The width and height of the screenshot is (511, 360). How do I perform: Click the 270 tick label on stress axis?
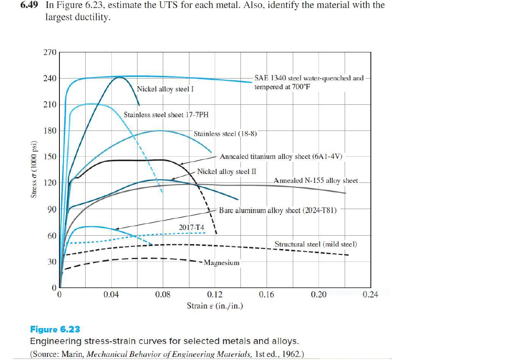50,52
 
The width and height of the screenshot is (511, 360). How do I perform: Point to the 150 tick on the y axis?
50,157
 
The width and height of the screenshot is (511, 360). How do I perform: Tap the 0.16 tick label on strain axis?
267,294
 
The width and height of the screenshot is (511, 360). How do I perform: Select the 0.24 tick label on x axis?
370,294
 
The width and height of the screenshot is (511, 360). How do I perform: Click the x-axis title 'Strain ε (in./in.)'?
215,306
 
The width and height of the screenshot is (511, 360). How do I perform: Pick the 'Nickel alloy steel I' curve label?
166,89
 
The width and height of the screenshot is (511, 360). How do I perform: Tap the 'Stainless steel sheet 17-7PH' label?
166,115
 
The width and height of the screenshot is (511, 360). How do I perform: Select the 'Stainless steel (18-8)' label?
225,134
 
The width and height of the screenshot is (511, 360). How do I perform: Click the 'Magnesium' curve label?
221,262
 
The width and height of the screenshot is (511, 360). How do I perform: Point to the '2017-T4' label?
191,227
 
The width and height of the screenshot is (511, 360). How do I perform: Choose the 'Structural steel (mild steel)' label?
316,244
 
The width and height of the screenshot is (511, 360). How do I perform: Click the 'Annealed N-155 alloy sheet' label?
316,181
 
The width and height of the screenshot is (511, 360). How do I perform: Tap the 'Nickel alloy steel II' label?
226,171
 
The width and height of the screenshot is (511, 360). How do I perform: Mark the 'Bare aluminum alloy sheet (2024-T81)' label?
278,210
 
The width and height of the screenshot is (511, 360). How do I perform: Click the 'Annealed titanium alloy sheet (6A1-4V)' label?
281,157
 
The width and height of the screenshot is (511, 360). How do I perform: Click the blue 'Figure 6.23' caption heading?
55,329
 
